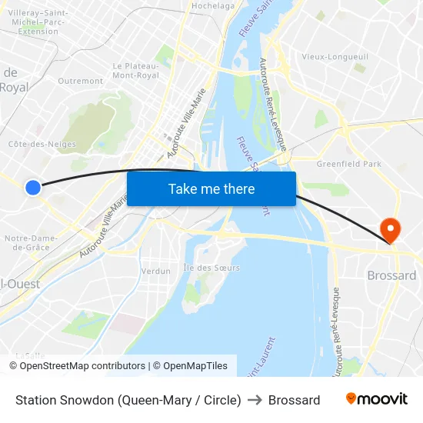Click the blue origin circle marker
click(32, 187)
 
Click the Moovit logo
click(376, 399)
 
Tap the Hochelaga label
click(213, 5)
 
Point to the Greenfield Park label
click(348, 164)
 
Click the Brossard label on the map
click(391, 275)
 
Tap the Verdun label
click(156, 271)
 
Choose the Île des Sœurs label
click(211, 268)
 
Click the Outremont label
click(80, 80)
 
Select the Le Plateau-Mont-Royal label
click(135, 71)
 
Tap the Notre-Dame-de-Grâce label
click(31, 242)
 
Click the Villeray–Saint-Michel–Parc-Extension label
click(38, 22)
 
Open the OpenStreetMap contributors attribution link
click(82, 366)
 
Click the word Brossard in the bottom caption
click(294, 400)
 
